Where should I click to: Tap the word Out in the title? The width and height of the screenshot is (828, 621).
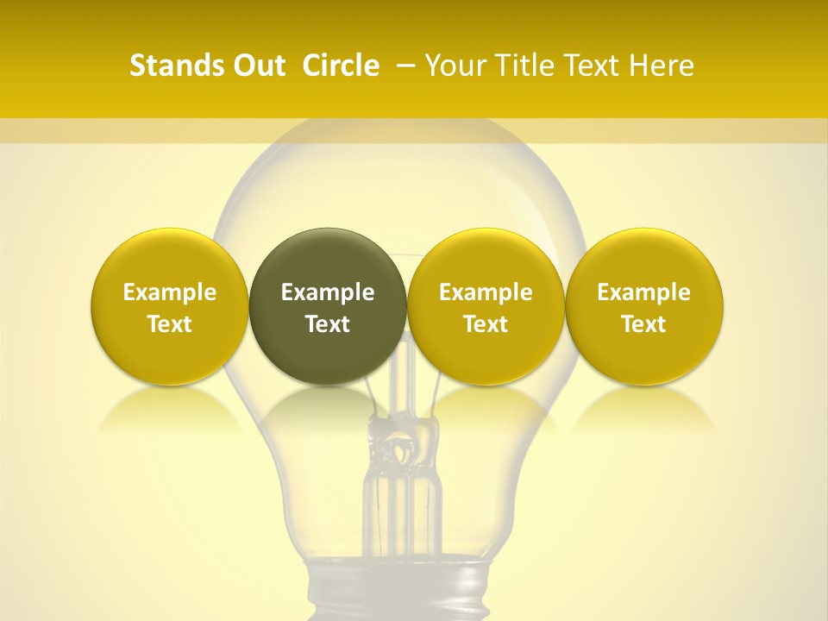pos(256,66)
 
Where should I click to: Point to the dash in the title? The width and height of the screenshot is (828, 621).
pos(405,66)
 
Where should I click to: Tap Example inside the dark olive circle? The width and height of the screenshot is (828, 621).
pos(328,292)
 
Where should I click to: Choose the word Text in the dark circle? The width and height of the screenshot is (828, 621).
pos(328,324)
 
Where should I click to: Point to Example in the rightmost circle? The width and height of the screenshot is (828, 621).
pos(643,292)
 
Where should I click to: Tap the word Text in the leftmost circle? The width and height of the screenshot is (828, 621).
pos(169,324)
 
